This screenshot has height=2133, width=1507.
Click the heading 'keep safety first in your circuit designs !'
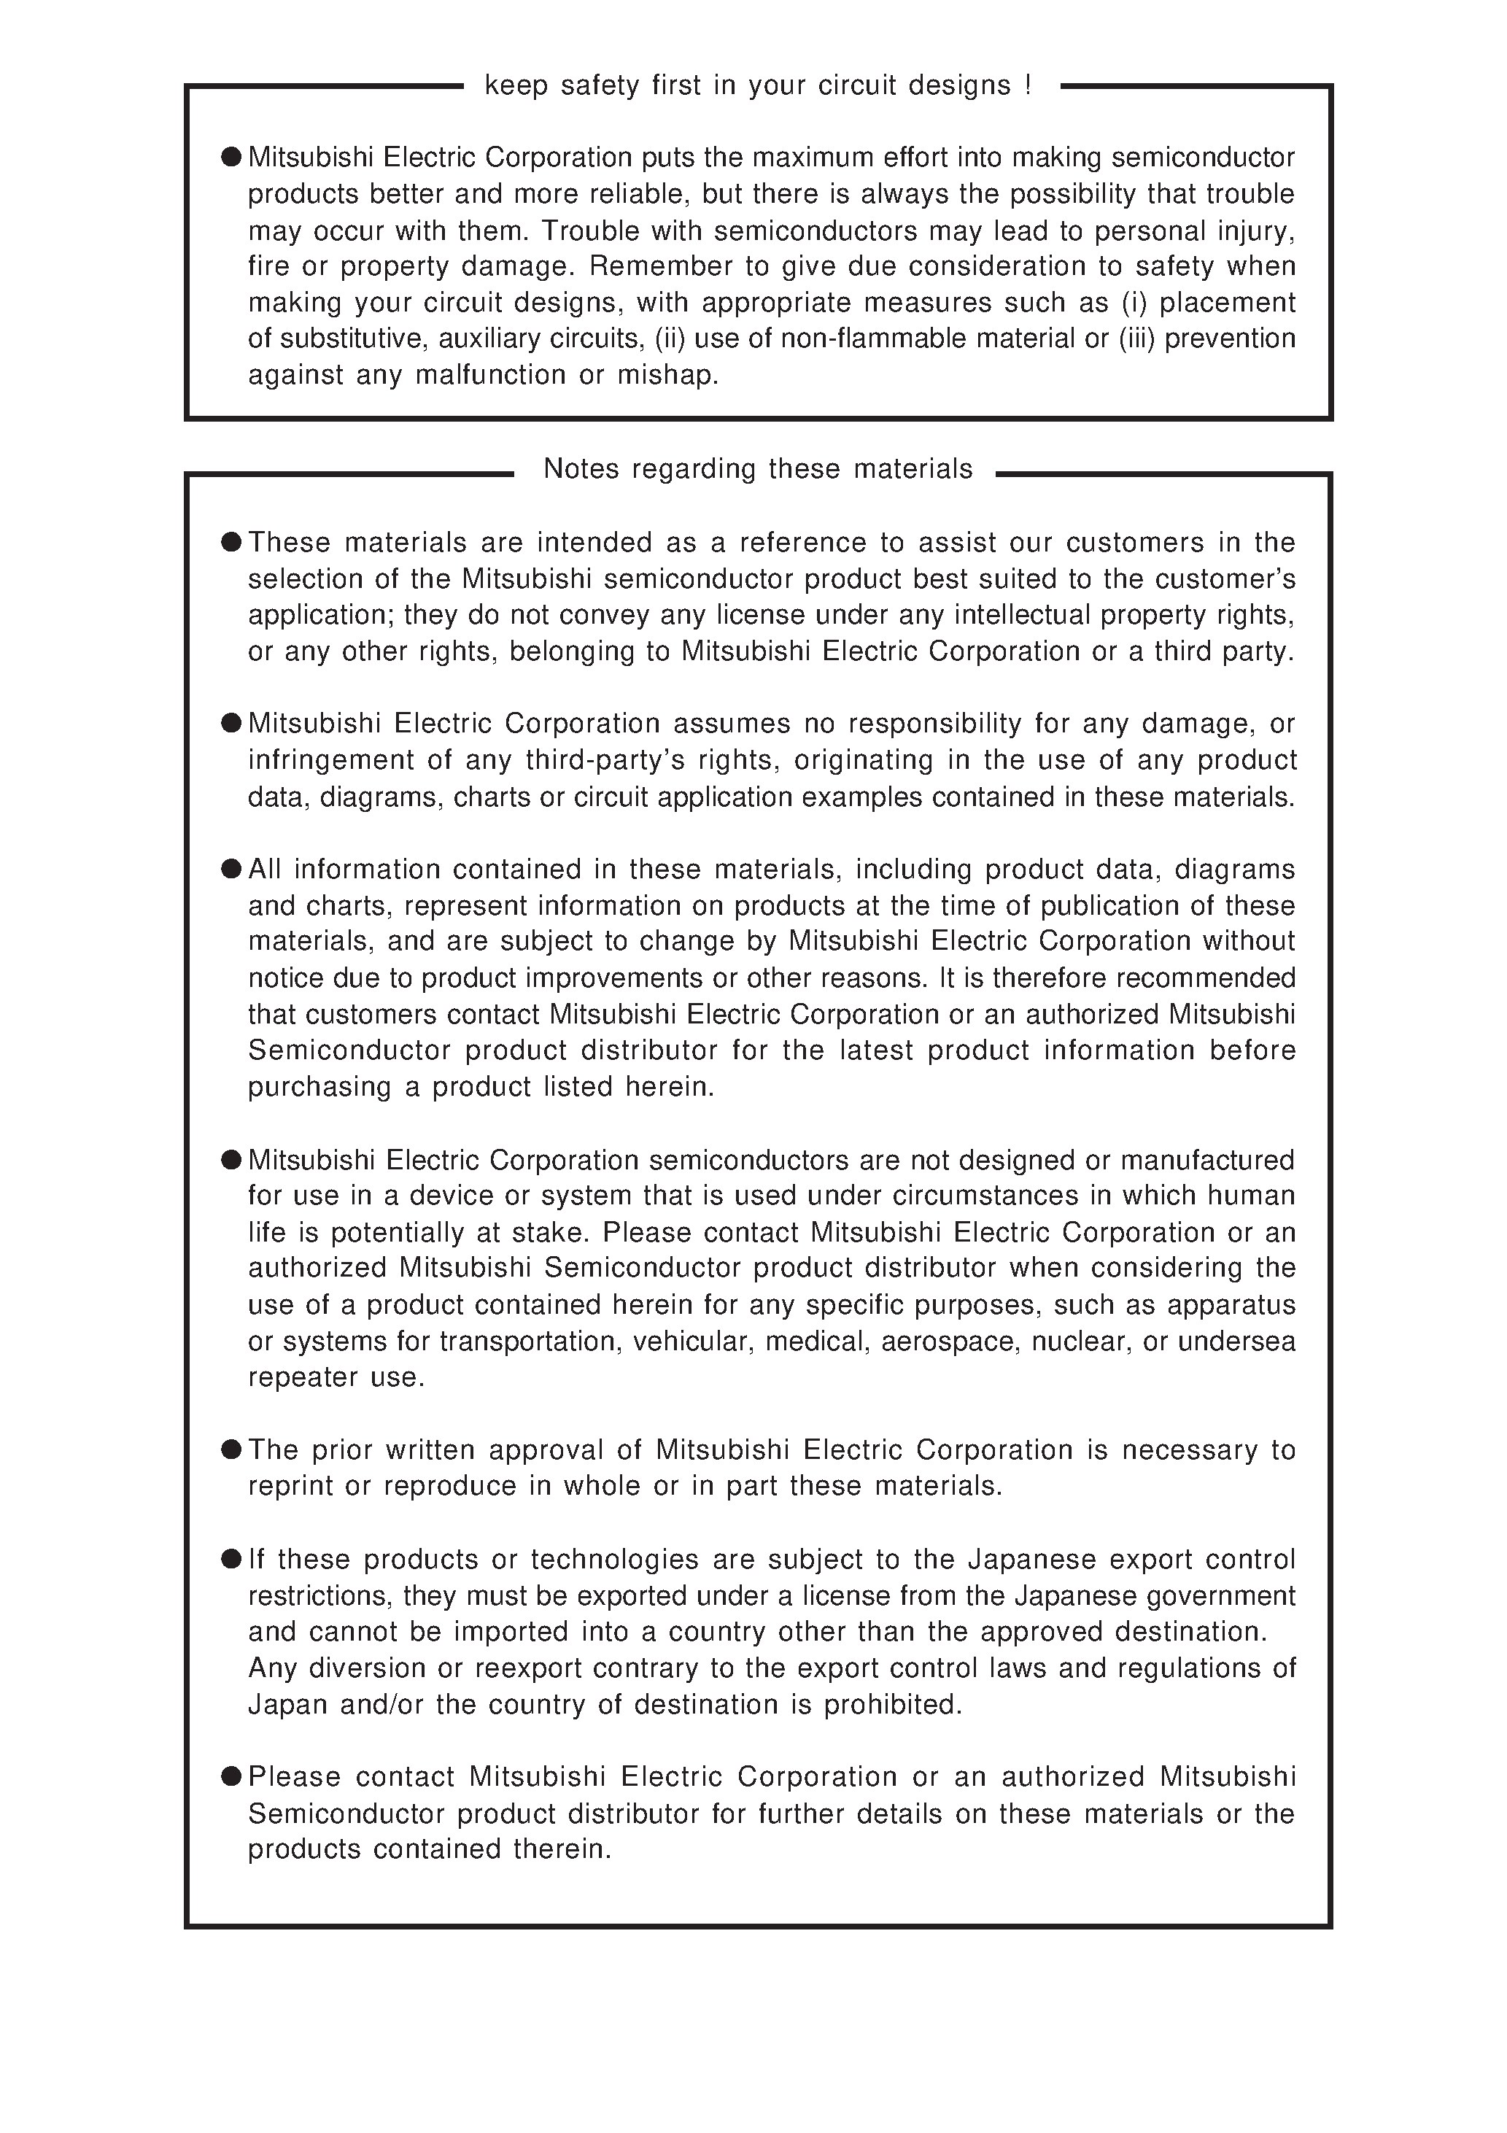pyautogui.click(x=757, y=85)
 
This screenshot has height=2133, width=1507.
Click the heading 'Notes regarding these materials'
pyautogui.click(x=757, y=469)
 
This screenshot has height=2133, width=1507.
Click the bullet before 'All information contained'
pyautogui.click(x=231, y=870)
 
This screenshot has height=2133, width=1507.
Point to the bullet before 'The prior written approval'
pyautogui.click(x=231, y=1450)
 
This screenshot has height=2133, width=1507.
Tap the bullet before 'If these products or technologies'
pyautogui.click(x=231, y=1559)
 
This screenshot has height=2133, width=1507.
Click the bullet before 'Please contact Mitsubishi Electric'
pyautogui.click(x=231, y=1777)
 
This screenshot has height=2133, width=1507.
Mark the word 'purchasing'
pyautogui.click(x=319, y=1087)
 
